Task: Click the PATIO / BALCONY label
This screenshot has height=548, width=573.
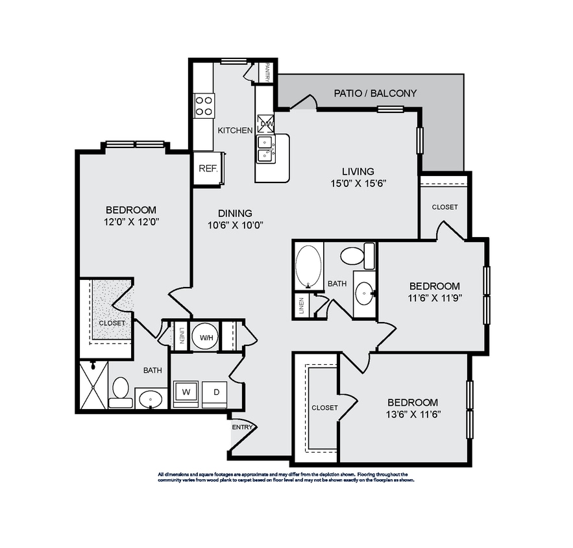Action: [x=375, y=93]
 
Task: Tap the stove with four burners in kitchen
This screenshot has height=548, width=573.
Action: [x=204, y=105]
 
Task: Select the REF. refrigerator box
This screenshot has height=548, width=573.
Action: [x=207, y=168]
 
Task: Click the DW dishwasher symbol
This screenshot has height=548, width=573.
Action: [x=266, y=123]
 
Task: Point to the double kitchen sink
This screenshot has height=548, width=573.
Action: [x=266, y=149]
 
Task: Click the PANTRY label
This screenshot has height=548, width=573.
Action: [x=267, y=72]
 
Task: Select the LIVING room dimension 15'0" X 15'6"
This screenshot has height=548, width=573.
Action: [x=358, y=183]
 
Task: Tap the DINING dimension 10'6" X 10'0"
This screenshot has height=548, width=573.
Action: [x=234, y=225]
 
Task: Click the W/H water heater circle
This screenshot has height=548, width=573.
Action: [x=206, y=337]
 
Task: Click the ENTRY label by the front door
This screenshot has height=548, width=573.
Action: [x=241, y=427]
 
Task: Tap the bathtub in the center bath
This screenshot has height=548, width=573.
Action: [x=308, y=266]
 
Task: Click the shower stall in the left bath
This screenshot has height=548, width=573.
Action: [x=93, y=384]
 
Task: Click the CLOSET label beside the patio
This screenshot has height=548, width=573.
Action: [x=444, y=207]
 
